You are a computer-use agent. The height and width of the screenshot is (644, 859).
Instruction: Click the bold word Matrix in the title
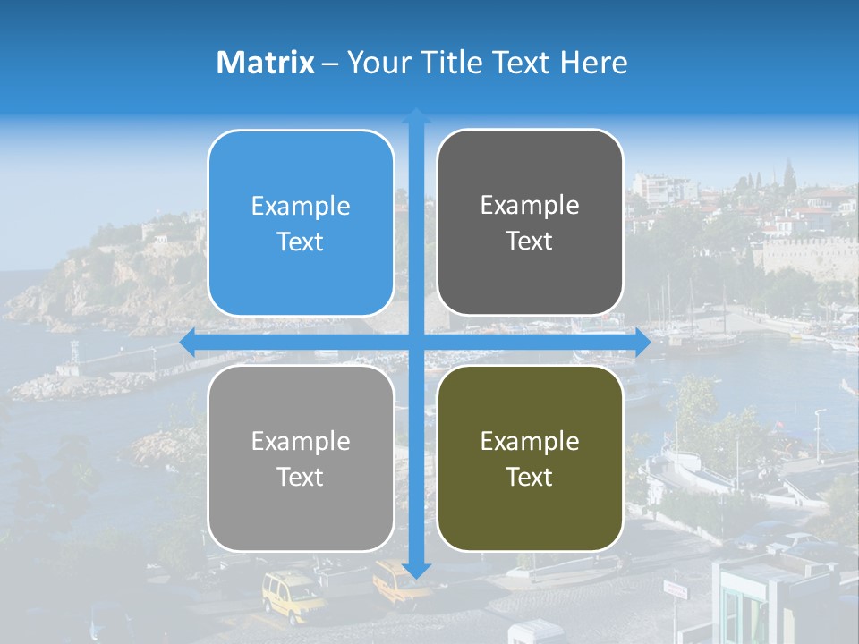(x=265, y=63)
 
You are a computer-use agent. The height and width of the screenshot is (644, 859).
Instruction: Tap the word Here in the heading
(x=593, y=63)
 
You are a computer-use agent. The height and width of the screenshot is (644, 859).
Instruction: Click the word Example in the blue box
(x=301, y=207)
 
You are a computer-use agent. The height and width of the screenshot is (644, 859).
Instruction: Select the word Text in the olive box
(x=530, y=477)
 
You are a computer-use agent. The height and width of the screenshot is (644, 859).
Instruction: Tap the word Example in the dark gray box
(x=530, y=206)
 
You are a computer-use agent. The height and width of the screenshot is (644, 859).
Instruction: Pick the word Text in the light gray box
(x=301, y=477)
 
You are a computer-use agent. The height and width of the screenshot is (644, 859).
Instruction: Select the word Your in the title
(x=377, y=63)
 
